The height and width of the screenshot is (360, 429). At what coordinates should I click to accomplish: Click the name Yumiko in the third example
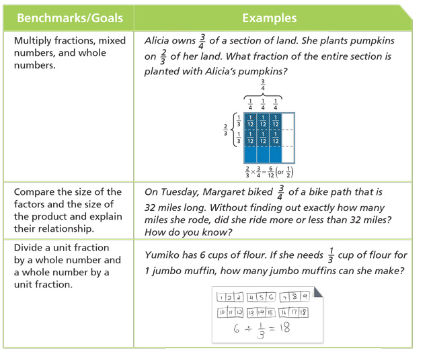pyautogui.click(x=163, y=256)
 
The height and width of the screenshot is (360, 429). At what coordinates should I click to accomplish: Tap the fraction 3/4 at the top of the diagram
pyautogui.click(x=263, y=85)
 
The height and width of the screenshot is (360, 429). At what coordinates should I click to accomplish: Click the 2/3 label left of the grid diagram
pyautogui.click(x=225, y=128)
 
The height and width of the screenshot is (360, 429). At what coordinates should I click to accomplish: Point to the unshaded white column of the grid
pyautogui.click(x=288, y=137)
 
